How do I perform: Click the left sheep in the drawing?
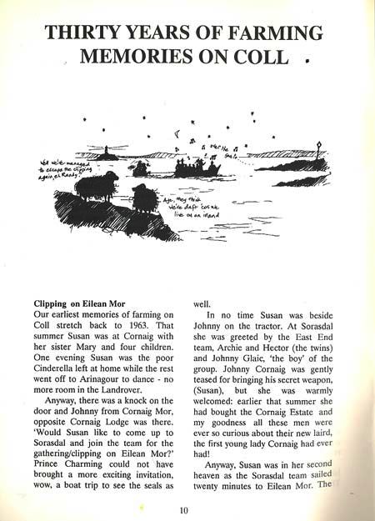point(95,187)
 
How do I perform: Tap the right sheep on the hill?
point(143,198)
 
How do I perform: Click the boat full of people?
point(197,168)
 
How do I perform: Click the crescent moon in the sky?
point(176,133)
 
